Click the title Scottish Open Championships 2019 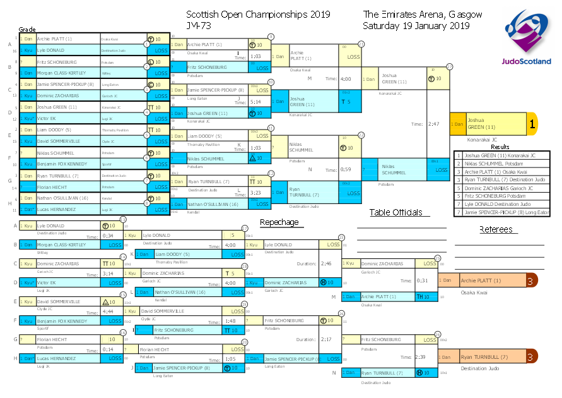259,14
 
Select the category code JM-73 199,26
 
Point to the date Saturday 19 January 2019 416,26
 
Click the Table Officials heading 395,212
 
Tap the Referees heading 496,229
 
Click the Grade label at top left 27,29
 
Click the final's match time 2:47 433,124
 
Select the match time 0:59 346,169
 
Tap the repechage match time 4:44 108,311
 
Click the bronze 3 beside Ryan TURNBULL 532,357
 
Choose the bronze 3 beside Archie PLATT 532,280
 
